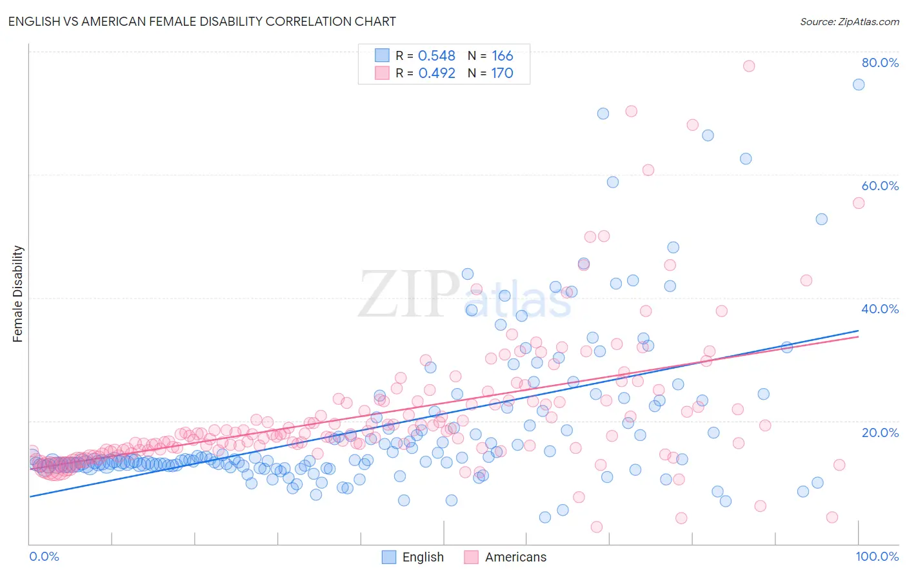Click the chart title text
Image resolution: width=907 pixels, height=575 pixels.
coord(202,21)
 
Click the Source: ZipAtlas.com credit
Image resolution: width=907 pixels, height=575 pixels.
coord(849,21)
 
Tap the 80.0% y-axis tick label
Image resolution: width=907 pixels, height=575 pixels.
coord(880,63)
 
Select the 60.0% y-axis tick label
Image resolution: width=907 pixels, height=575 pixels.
coord(880,186)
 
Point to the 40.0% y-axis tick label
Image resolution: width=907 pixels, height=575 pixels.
coord(880,309)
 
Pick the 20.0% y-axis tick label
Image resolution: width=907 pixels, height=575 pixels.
coord(880,433)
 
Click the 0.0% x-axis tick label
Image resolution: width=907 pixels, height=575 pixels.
coord(44,556)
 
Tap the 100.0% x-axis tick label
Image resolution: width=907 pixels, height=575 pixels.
coord(877,556)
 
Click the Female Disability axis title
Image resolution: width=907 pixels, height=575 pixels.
coord(18,294)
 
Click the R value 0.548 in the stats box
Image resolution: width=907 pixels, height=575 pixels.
coord(437,56)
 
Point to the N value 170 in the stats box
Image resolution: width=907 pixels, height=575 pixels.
coord(502,73)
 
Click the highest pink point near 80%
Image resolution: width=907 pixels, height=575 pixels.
coord(748,66)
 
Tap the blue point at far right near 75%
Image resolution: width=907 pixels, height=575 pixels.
coord(858,84)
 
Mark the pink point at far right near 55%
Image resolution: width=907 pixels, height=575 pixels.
coord(858,203)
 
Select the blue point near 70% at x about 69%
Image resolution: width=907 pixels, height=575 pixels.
coord(603,113)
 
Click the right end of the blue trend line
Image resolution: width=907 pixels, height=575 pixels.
coord(858,331)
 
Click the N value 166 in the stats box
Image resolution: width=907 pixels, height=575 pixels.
coord(502,56)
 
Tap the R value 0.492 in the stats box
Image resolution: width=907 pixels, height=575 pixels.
coord(437,73)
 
